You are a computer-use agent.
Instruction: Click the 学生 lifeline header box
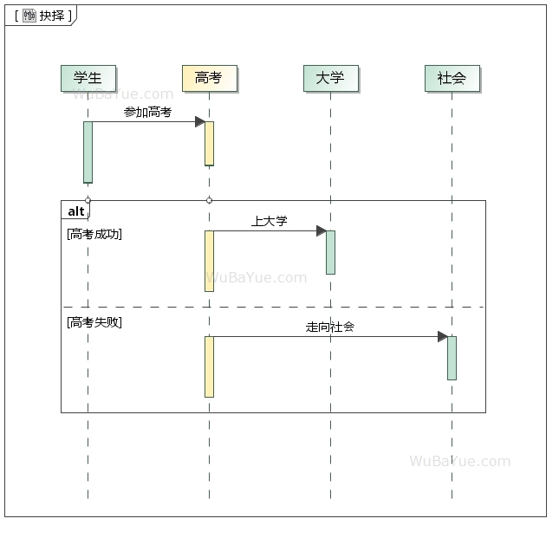coord(88,78)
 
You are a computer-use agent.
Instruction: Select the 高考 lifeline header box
coord(209,78)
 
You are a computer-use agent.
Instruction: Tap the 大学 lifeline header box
coord(330,78)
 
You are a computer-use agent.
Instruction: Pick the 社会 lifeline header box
coord(452,78)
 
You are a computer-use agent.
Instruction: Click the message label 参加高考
coord(147,113)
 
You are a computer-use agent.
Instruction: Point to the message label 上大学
coord(269,222)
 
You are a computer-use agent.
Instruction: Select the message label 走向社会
coord(329,327)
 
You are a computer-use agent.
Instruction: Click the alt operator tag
coord(76,211)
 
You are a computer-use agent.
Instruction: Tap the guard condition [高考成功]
coord(94,234)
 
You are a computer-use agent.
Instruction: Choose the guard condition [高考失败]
coord(94,322)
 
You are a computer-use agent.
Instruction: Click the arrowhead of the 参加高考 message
coord(199,122)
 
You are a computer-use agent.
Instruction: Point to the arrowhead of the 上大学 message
coord(321,231)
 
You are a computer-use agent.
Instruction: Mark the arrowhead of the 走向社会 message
coord(442,337)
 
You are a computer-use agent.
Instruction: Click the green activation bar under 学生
coord(88,152)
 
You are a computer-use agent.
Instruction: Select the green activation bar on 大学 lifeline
coord(330,252)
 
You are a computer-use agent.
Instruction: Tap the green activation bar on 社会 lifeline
coord(452,358)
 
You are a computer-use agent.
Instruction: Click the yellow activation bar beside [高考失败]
coord(209,366)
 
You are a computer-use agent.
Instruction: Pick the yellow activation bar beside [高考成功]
coord(209,261)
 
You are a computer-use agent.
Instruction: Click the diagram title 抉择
coord(52,16)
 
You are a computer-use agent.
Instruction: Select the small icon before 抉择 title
coord(29,16)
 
